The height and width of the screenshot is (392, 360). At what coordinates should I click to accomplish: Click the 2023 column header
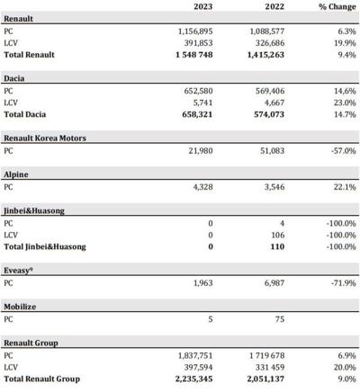pyautogui.click(x=203, y=6)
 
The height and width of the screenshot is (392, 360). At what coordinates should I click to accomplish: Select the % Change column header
pyautogui.click(x=337, y=6)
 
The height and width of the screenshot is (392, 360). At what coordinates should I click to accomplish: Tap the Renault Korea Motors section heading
pyautogui.click(x=45, y=138)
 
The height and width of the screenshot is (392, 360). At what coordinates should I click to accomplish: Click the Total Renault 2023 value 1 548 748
pyautogui.click(x=194, y=55)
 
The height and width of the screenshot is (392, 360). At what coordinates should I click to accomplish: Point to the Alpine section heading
pyautogui.click(x=16, y=174)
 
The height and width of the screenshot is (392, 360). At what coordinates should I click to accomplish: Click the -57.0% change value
pyautogui.click(x=344, y=151)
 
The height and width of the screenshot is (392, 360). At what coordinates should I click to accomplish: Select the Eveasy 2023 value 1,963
pyautogui.click(x=203, y=283)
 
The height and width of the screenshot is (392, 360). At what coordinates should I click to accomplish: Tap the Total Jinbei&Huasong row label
pyautogui.click(x=45, y=247)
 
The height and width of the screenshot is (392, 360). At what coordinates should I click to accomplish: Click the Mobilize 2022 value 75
pyautogui.click(x=280, y=319)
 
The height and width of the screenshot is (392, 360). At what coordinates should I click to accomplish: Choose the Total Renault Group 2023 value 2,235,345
pyautogui.click(x=194, y=379)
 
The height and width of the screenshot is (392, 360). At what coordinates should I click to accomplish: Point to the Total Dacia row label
pyautogui.click(x=25, y=114)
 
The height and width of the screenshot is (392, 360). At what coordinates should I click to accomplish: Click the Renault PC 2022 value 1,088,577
pyautogui.click(x=267, y=31)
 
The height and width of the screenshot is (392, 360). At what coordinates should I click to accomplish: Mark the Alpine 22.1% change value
pyautogui.click(x=345, y=187)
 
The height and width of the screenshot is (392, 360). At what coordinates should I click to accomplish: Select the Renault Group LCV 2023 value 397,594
pyautogui.click(x=198, y=367)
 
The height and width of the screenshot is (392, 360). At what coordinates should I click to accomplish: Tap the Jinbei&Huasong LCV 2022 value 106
pyautogui.click(x=278, y=235)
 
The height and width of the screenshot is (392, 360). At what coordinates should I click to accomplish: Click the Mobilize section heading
pyautogui.click(x=20, y=307)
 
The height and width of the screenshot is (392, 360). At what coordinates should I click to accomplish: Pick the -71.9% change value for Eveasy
pyautogui.click(x=344, y=283)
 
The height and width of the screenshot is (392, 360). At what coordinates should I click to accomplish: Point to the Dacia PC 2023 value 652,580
pyautogui.click(x=198, y=91)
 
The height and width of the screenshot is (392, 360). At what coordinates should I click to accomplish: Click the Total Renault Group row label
pyautogui.click(x=42, y=379)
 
